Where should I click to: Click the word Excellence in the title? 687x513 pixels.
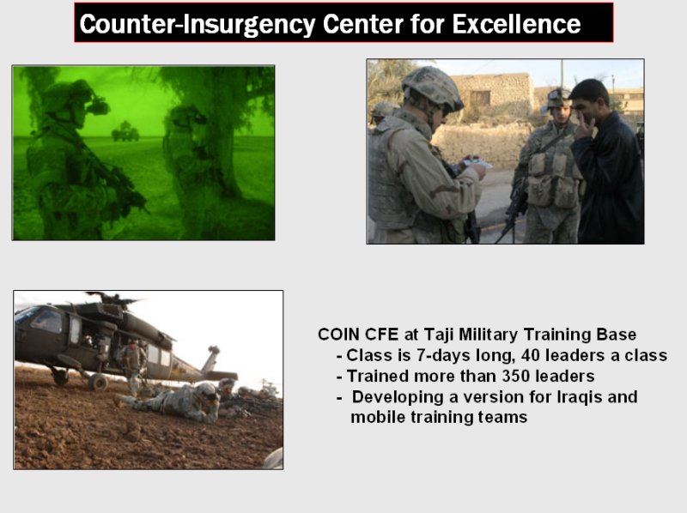pyautogui.click(x=516, y=24)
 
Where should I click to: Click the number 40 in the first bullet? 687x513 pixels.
pyautogui.click(x=531, y=355)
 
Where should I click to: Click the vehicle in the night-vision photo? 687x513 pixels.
pyautogui.click(x=125, y=132)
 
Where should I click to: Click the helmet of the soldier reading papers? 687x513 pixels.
pyautogui.click(x=432, y=88)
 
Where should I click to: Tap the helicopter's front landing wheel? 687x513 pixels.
pyautogui.click(x=98, y=382)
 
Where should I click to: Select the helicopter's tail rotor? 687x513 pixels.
pyautogui.click(x=213, y=349)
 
